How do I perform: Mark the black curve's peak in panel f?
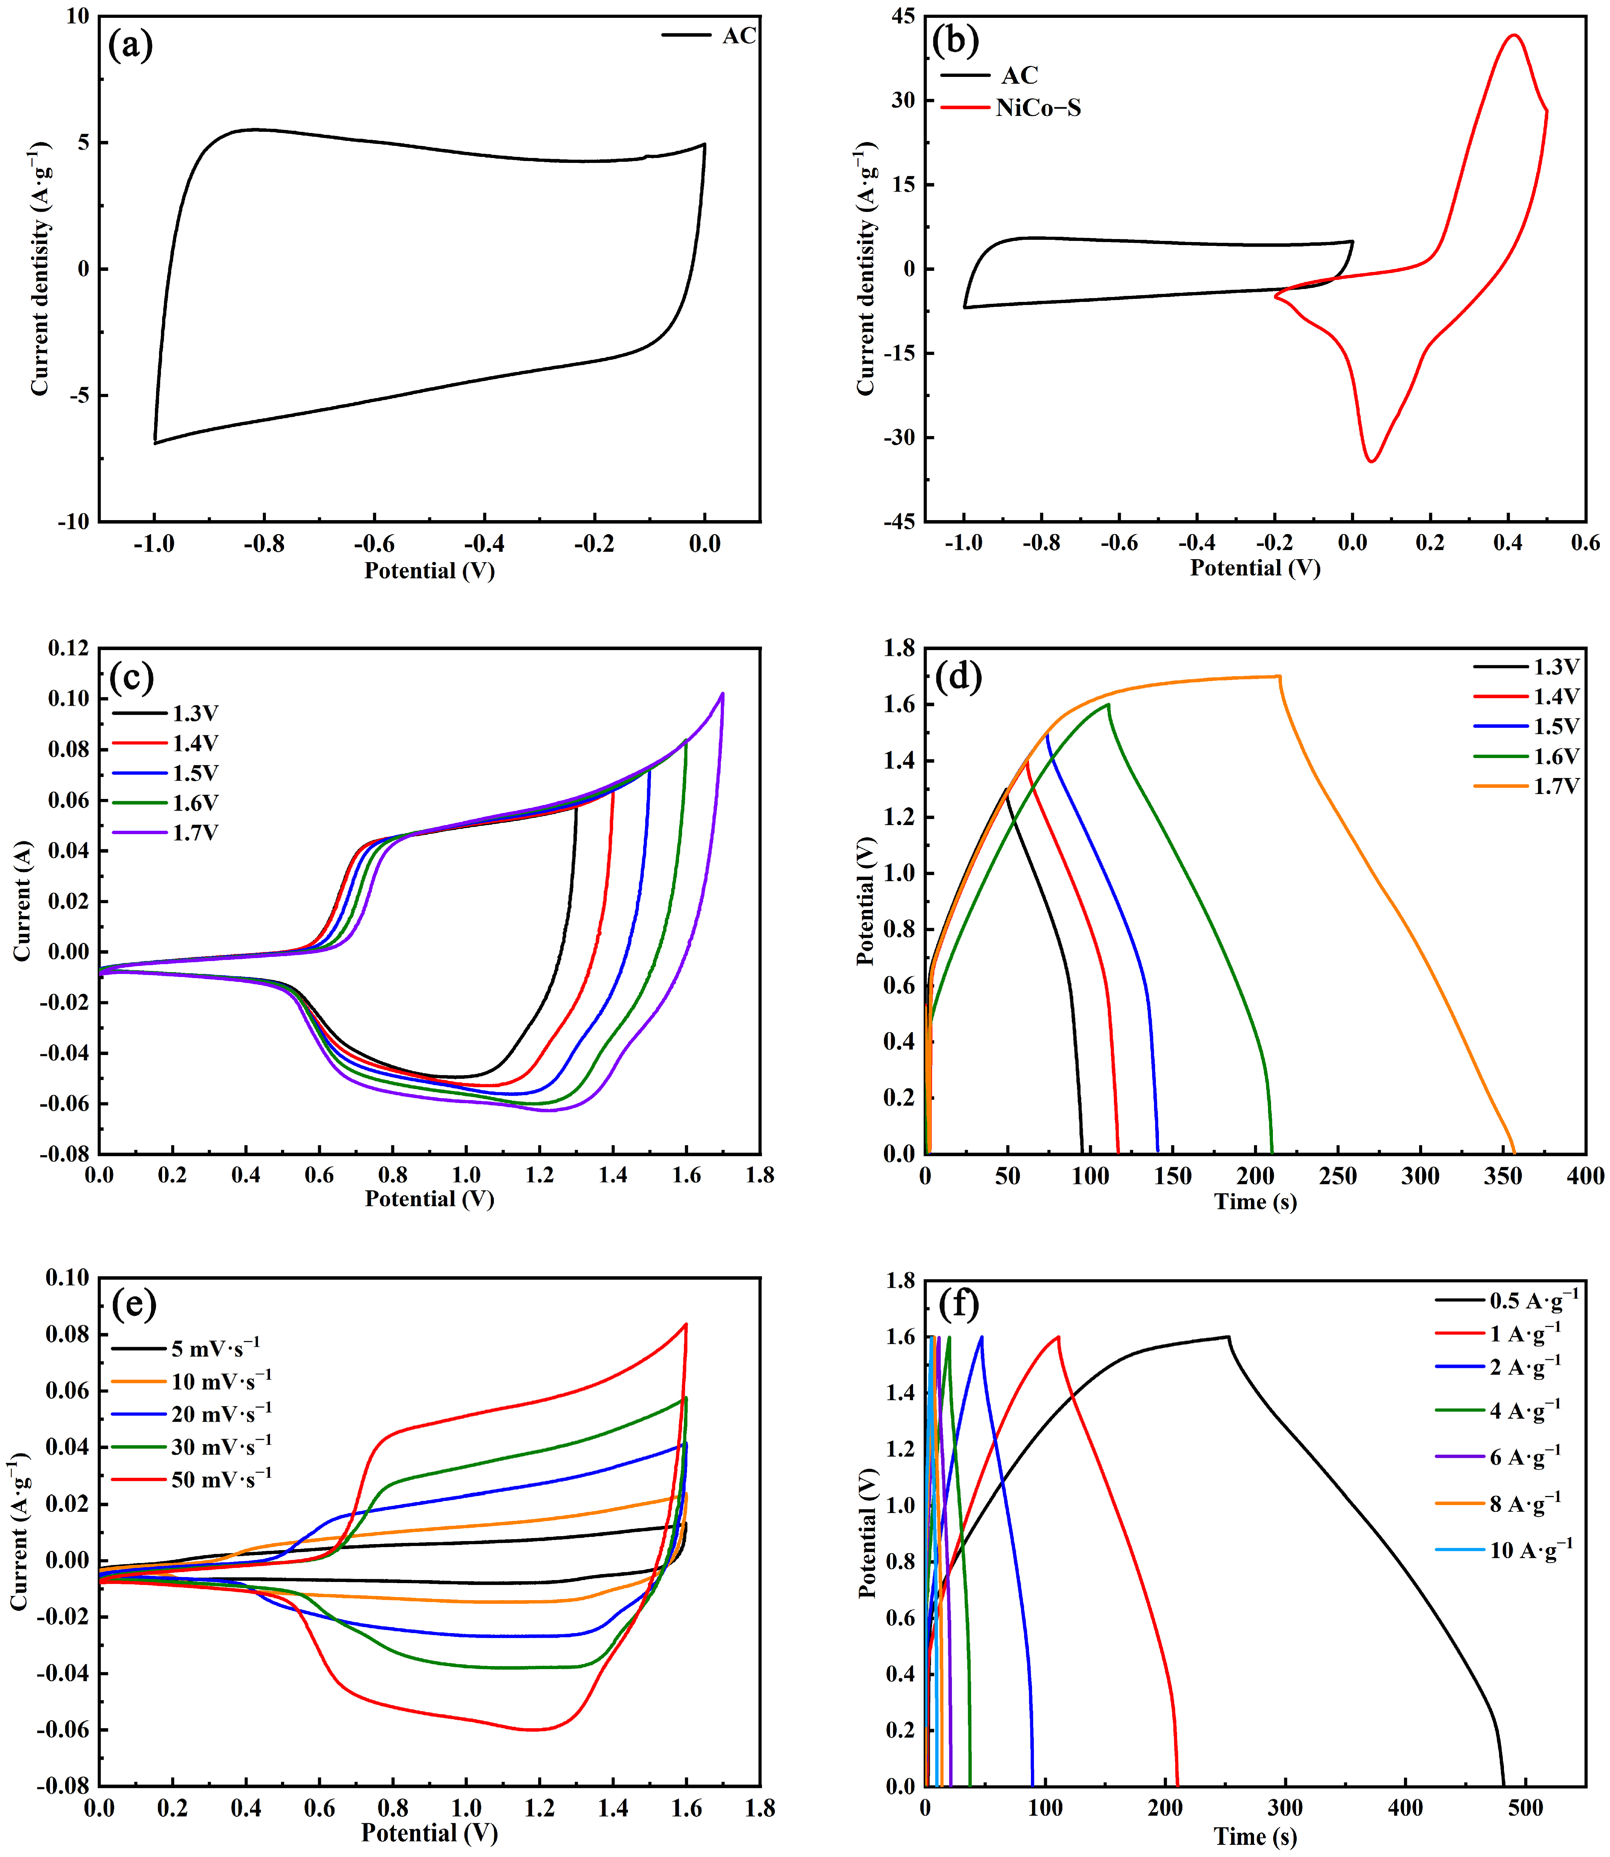coord(1228,1337)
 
